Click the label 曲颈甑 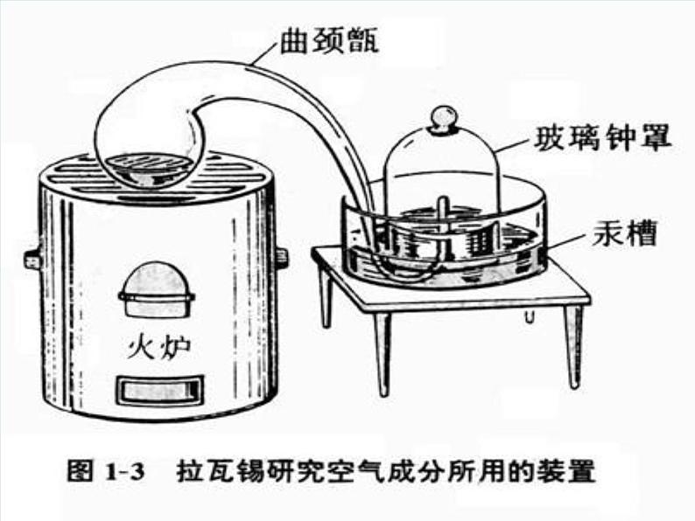[x=328, y=40]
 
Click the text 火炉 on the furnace [x=157, y=346]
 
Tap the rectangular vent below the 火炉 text [x=160, y=389]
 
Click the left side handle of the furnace [x=32, y=258]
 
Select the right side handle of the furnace [x=282, y=257]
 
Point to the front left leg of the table [x=382, y=350]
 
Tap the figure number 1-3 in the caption [x=123, y=472]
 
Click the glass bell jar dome [x=443, y=166]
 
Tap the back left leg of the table [x=326, y=297]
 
